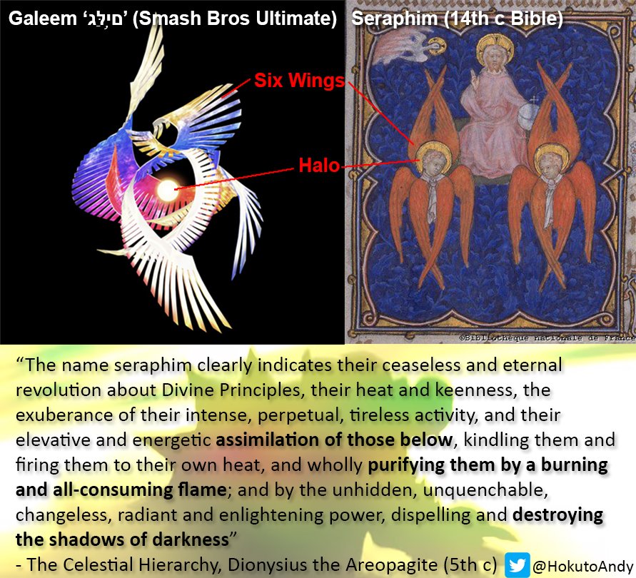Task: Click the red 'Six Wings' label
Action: (x=299, y=81)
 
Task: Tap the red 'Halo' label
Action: (x=319, y=166)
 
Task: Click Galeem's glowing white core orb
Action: (x=168, y=191)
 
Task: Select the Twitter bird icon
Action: (x=518, y=564)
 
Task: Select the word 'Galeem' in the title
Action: (x=42, y=19)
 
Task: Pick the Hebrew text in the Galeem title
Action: (x=104, y=19)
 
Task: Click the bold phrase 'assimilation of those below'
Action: (x=334, y=440)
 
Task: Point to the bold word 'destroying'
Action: (x=558, y=515)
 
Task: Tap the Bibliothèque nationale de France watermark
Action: (x=547, y=338)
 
